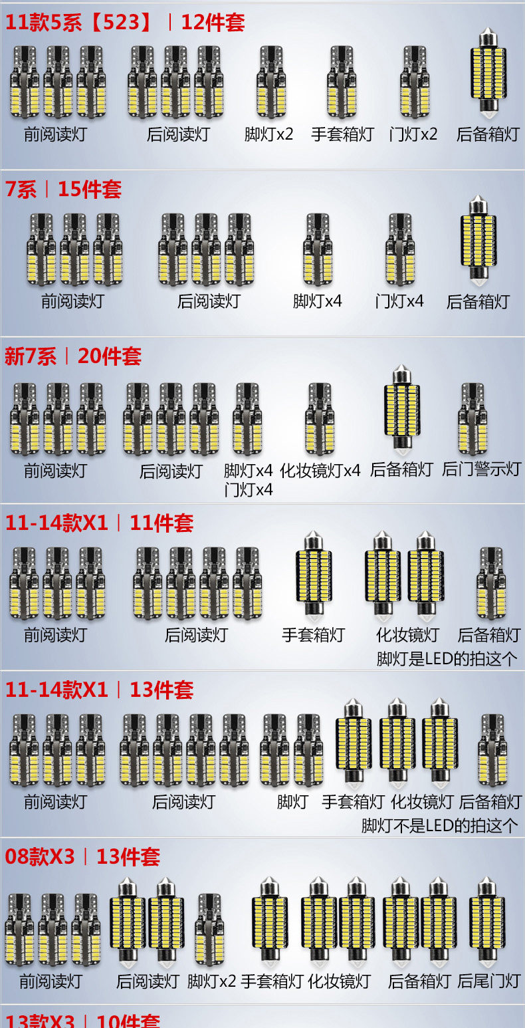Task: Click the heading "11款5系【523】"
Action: click(x=78, y=23)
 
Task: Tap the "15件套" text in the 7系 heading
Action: click(x=90, y=190)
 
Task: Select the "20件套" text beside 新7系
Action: click(x=110, y=356)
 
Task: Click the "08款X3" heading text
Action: click(x=40, y=856)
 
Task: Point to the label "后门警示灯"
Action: click(x=481, y=469)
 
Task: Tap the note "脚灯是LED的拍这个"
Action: click(x=447, y=659)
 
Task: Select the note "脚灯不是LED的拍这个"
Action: click(x=439, y=826)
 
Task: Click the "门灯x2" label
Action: click(x=413, y=134)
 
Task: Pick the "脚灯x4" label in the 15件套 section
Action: click(x=318, y=301)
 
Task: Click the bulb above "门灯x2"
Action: click(x=415, y=81)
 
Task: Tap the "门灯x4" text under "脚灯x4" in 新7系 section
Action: click(x=249, y=490)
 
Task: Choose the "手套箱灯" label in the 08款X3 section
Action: click(x=272, y=981)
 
